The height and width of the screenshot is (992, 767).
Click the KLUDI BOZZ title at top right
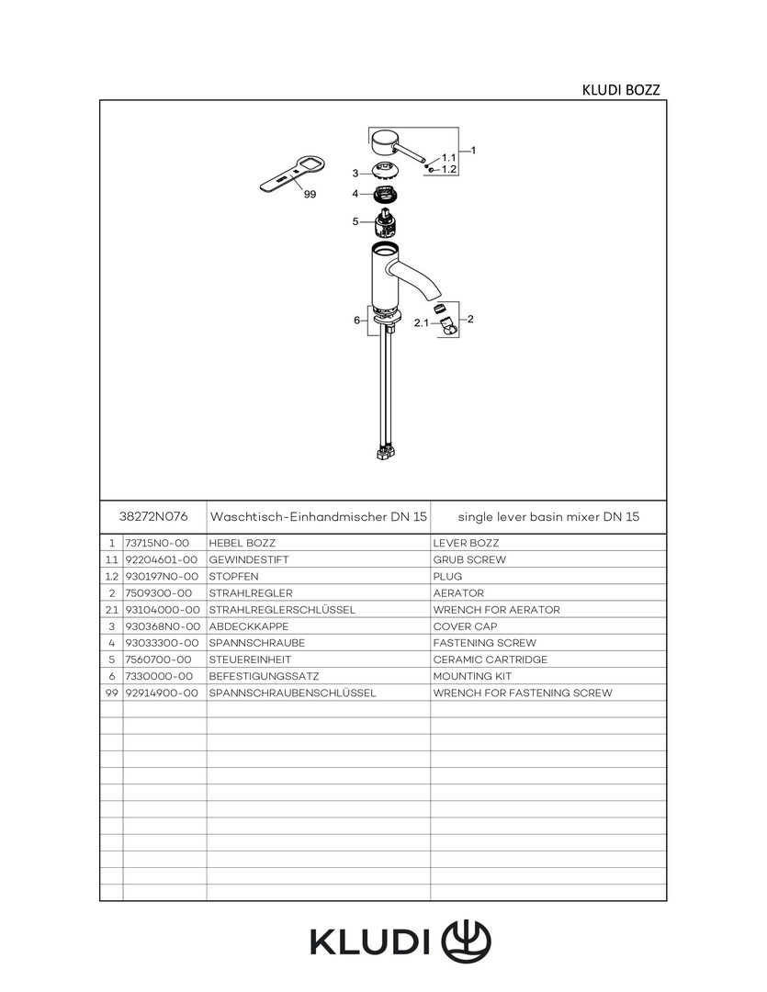click(621, 90)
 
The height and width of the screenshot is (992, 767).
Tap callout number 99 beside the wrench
click(310, 195)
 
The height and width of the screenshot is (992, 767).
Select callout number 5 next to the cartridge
click(355, 221)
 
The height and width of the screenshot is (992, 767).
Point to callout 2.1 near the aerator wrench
click(422, 323)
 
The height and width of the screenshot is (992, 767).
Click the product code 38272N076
click(153, 517)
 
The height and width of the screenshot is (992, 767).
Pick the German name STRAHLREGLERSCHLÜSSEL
click(281, 610)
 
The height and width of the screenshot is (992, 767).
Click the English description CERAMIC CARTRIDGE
click(490, 659)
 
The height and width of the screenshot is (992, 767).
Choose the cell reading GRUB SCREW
click(468, 559)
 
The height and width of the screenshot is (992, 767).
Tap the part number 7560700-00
click(158, 659)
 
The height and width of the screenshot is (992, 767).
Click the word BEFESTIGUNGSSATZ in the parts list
click(264, 676)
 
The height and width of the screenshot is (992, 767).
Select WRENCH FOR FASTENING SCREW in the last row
click(522, 693)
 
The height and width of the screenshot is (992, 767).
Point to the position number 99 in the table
click(110, 693)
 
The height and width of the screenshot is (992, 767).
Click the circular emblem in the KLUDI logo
click(467, 941)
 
